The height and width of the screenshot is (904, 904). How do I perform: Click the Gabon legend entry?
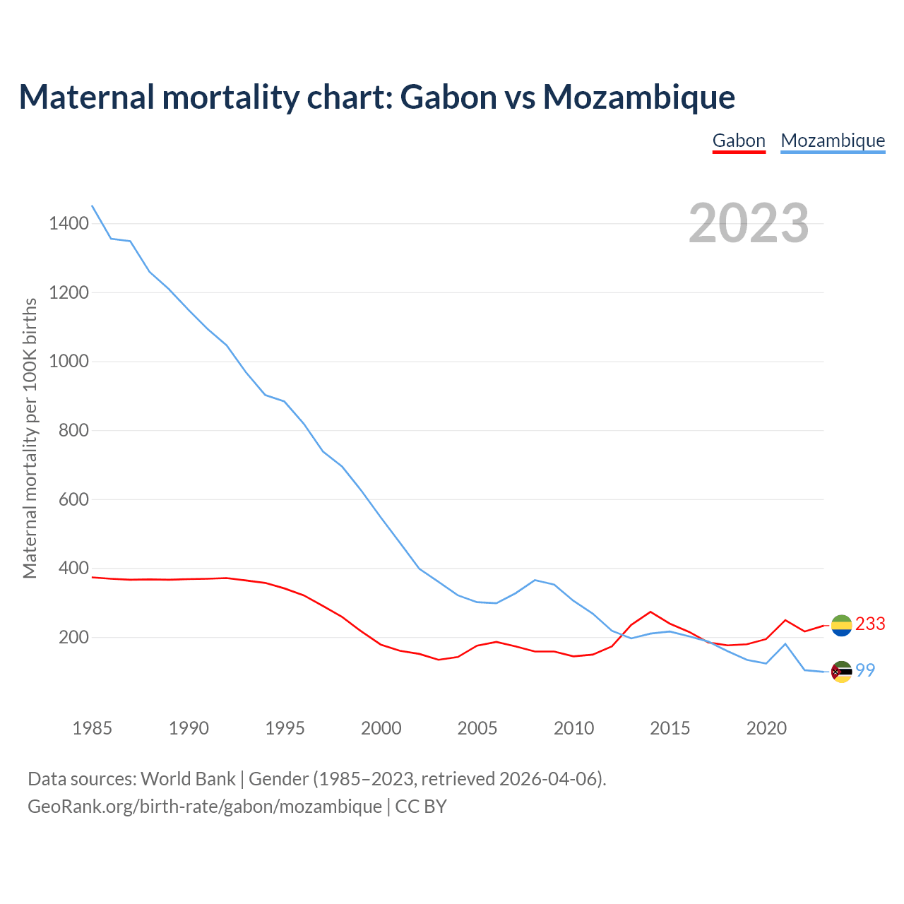pos(739,141)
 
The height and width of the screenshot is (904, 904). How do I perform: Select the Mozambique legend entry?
pos(833,141)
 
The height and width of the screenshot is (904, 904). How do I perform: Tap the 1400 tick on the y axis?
pos(69,224)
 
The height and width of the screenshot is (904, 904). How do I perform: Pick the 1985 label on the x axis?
pos(93,728)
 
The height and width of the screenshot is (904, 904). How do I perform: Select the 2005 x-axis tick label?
pos(477,728)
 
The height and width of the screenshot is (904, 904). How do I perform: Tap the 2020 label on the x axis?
pos(766,728)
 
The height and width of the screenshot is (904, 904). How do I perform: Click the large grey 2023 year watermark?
pos(749,223)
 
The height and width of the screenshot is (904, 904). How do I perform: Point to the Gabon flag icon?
pos(841,625)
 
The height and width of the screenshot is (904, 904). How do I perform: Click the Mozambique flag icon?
pos(841,672)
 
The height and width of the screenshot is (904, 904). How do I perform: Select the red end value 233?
pos(870,624)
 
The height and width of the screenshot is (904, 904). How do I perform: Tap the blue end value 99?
pos(866,671)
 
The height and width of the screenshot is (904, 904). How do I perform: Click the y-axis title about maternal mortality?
pos(30,438)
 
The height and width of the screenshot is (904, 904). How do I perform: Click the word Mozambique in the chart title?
pos(638,97)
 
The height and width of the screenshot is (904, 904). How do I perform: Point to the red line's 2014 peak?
pos(650,612)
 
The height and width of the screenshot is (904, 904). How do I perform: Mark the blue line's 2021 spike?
pos(785,643)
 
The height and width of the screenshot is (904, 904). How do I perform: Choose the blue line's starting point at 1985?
pos(93,206)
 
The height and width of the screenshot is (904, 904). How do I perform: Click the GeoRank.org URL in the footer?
pos(205,807)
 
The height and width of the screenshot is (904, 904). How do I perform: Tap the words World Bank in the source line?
pos(188,779)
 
